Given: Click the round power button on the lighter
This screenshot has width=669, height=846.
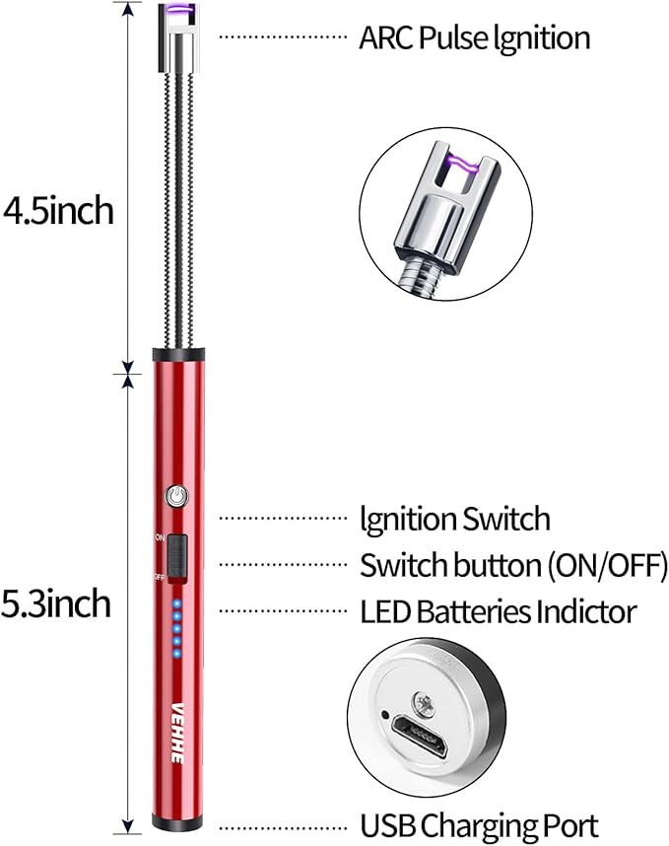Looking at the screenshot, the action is click(176, 495).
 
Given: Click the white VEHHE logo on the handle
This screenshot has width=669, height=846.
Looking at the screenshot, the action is click(178, 733).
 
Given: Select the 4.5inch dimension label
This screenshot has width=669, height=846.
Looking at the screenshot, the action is click(58, 211).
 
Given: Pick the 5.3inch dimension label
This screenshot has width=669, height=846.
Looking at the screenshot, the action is click(56, 603).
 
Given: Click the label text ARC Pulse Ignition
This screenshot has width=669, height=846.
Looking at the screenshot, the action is click(474, 38).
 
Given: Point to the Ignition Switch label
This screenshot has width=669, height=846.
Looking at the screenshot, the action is click(455, 519).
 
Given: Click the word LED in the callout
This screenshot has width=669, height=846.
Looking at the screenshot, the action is click(385, 612).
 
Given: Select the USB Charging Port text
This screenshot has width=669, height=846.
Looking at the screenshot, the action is click(479, 825).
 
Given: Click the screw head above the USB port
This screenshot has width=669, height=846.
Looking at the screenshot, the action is click(424, 706).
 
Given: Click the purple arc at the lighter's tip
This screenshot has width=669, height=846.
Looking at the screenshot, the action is click(179, 8).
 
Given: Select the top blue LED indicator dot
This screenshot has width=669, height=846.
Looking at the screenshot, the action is click(176, 603).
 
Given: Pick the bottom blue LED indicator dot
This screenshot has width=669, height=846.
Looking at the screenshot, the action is click(176, 654).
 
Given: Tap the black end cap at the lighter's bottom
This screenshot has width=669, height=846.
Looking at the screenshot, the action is click(177, 822).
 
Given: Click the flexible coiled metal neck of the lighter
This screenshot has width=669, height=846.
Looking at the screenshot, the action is click(179, 210).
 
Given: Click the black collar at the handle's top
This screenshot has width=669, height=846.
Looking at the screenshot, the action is click(178, 355).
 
